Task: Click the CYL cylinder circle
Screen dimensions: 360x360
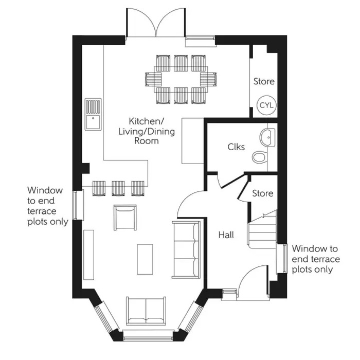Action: point(266,105)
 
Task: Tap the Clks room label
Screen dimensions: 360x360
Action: point(236,147)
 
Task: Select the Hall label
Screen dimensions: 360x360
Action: point(226,235)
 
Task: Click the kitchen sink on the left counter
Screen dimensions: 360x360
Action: point(93,115)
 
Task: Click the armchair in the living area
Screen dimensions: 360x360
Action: point(125,218)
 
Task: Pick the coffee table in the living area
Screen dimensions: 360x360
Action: point(145,260)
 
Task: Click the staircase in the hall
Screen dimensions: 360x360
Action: point(263,228)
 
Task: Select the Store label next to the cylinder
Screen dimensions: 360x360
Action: point(263,81)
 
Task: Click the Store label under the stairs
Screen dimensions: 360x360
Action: point(262,193)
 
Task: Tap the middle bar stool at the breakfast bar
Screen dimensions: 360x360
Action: point(118,188)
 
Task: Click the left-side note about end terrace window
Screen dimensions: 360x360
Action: point(47,206)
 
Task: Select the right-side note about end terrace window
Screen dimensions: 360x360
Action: point(315,259)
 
